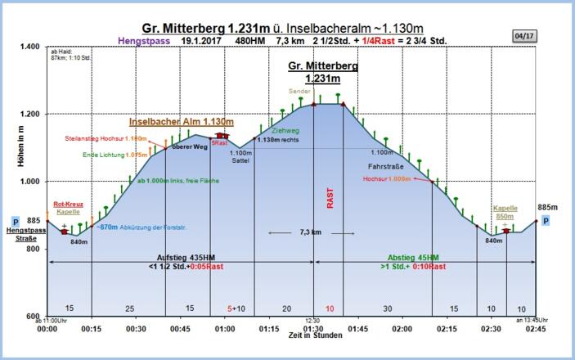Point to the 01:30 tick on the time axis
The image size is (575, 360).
click(313, 328)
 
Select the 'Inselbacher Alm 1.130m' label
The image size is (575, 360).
click(182, 122)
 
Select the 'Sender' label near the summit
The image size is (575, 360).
click(300, 91)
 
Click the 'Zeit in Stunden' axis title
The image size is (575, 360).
click(292, 336)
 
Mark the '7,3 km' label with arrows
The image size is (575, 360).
click(310, 233)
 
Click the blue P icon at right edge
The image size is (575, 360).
click(546, 221)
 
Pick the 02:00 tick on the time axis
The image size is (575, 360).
click(402, 328)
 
